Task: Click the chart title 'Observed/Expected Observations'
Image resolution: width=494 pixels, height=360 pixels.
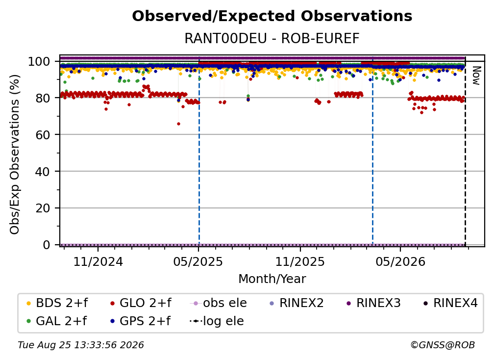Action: click(272, 16)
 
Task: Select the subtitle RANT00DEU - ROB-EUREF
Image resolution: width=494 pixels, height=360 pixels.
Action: click(272, 38)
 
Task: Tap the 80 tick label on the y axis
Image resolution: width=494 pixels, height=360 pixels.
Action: click(43, 98)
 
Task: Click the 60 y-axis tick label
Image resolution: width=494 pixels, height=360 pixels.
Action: click(43, 135)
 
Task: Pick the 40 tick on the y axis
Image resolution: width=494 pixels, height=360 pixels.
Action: click(43, 172)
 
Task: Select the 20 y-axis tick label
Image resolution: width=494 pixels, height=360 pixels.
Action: click(43, 208)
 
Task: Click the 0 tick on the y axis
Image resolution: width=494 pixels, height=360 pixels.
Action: click(47, 245)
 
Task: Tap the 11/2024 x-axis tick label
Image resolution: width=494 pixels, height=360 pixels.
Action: click(98, 261)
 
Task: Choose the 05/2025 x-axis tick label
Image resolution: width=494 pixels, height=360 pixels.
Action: click(198, 261)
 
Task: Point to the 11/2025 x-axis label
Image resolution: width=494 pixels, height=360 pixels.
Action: click(300, 261)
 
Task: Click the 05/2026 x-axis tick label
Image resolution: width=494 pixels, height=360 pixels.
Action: click(400, 261)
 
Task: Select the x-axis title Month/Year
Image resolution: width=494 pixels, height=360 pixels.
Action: click(272, 279)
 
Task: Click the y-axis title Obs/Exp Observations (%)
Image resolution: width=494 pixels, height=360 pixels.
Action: click(15, 154)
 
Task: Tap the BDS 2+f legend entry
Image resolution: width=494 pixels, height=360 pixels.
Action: click(57, 303)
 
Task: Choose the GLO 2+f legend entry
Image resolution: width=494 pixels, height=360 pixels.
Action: click(141, 303)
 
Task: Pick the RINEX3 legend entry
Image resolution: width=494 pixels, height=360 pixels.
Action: click(373, 303)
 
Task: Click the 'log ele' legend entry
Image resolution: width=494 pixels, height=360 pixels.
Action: click(217, 321)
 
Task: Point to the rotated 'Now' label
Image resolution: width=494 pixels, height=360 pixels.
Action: click(476, 76)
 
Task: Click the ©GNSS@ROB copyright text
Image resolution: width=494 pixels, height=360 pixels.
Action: click(443, 345)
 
